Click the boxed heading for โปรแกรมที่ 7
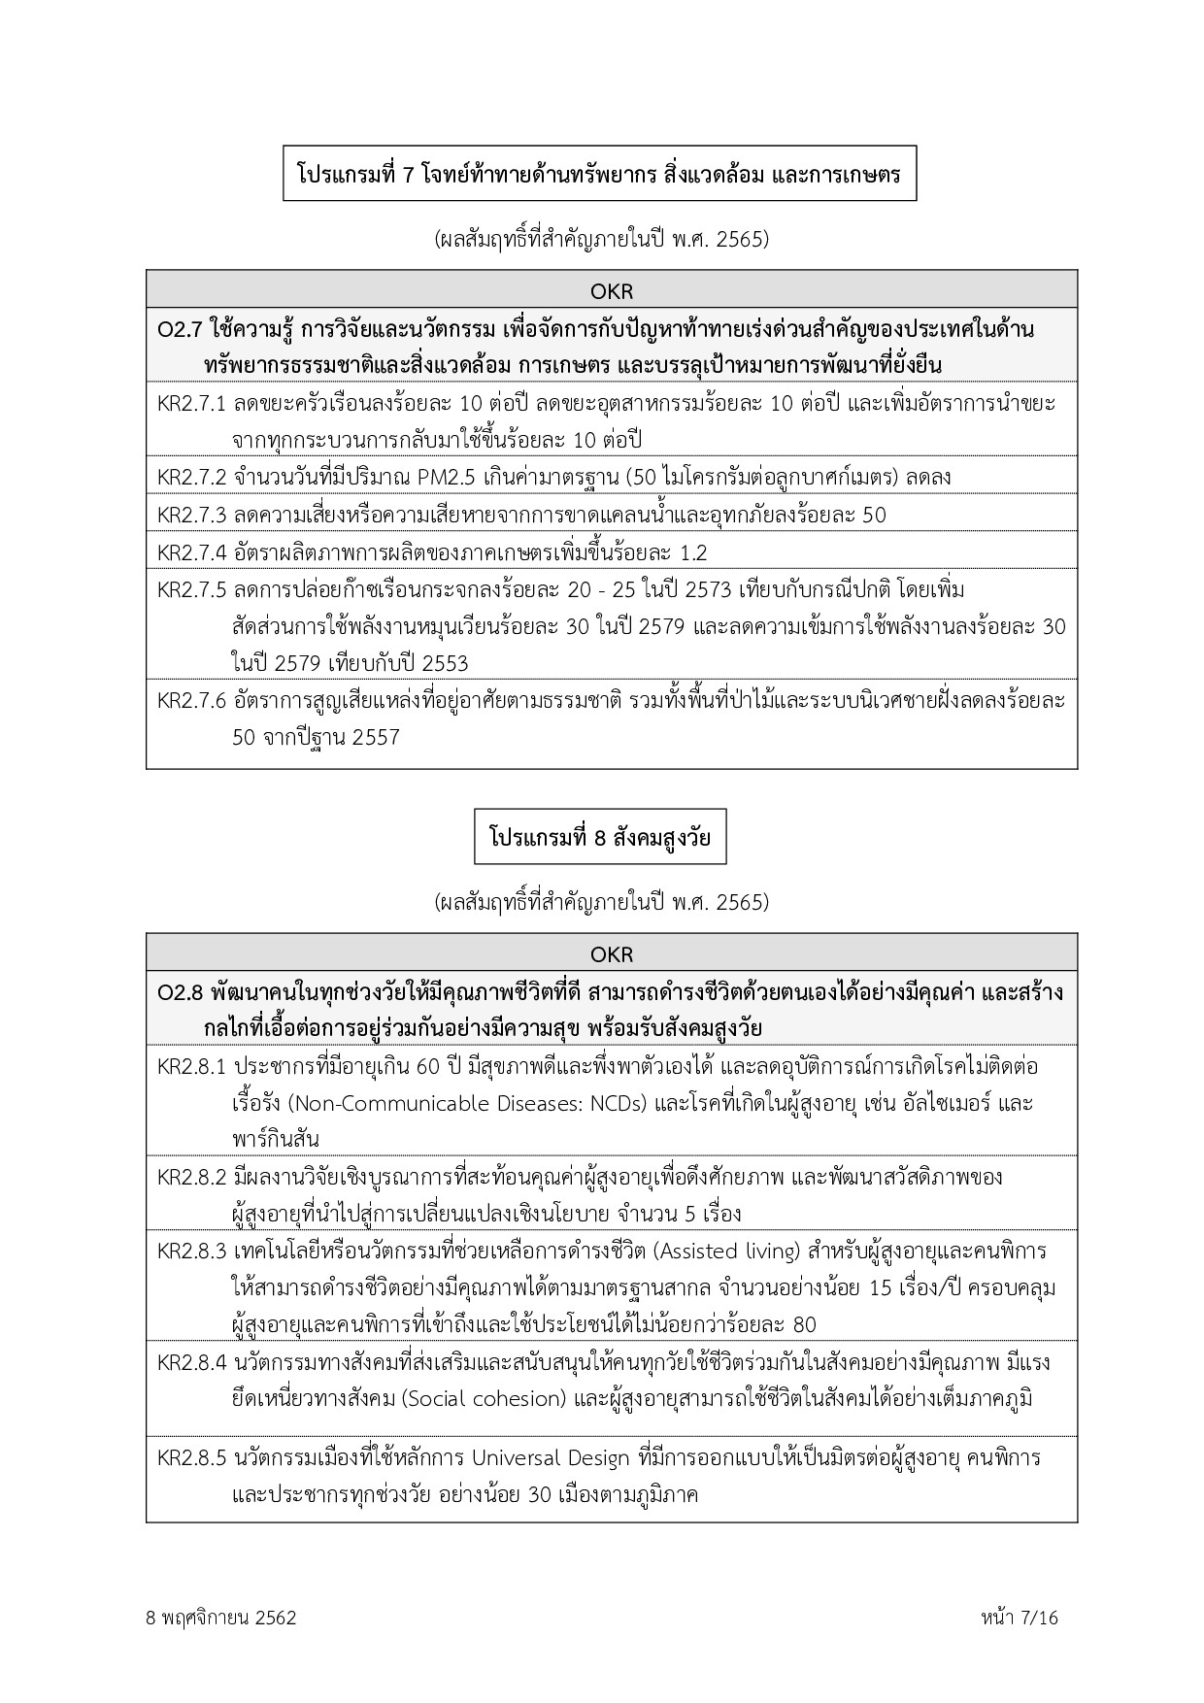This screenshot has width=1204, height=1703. point(599,175)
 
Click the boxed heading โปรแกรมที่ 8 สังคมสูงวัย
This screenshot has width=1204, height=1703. point(599,837)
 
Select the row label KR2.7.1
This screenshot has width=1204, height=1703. point(191,403)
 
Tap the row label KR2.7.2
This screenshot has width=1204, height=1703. point(191,478)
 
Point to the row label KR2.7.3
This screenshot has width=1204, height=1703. point(191,515)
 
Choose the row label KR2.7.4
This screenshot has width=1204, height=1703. point(191,552)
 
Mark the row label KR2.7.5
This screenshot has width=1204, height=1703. point(191,590)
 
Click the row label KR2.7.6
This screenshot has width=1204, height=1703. point(191,700)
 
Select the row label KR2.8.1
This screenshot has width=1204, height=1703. point(191,1066)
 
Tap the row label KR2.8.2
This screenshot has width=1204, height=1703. point(191,1177)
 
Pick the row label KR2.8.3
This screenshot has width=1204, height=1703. point(191,1251)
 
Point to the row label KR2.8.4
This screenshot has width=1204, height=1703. point(191,1362)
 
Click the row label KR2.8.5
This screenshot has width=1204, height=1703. point(191,1457)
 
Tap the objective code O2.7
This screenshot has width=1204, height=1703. point(178,329)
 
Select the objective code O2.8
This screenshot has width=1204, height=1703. point(178,992)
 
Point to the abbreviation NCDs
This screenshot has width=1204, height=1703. point(619,1104)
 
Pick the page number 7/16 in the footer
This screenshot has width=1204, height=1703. point(1036,1618)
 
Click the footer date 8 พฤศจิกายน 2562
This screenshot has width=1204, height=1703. point(220,1618)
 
